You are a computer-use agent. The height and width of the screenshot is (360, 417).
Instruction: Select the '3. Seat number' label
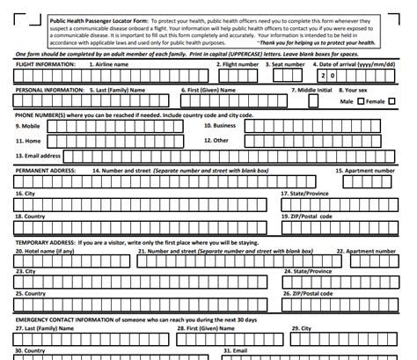click(289, 64)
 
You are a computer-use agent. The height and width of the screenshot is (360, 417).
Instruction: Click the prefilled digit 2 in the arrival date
click(322, 77)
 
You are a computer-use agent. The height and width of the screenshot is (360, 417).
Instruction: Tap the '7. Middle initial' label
click(314, 90)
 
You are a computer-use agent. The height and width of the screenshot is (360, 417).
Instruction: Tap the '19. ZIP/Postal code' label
click(307, 216)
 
